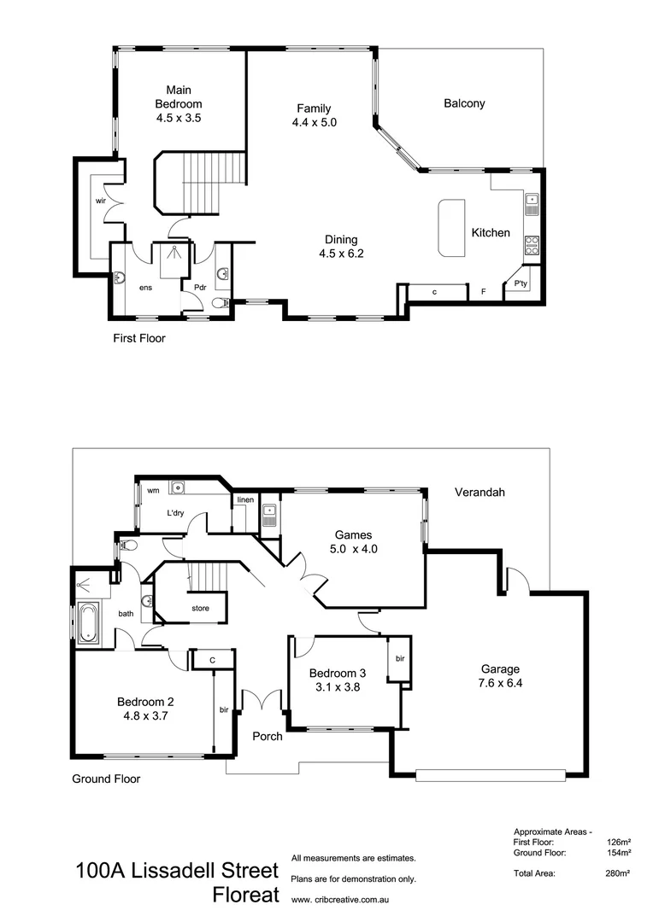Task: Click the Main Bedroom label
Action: (178, 96)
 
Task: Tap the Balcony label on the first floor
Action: (464, 103)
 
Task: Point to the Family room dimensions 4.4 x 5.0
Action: (314, 123)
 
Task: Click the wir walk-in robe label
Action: (100, 201)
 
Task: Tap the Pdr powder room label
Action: (200, 287)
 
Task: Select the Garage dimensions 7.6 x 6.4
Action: (500, 684)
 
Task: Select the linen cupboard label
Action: (245, 499)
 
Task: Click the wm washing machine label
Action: (153, 491)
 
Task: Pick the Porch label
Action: (267, 736)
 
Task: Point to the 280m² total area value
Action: (617, 873)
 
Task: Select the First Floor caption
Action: (139, 338)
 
